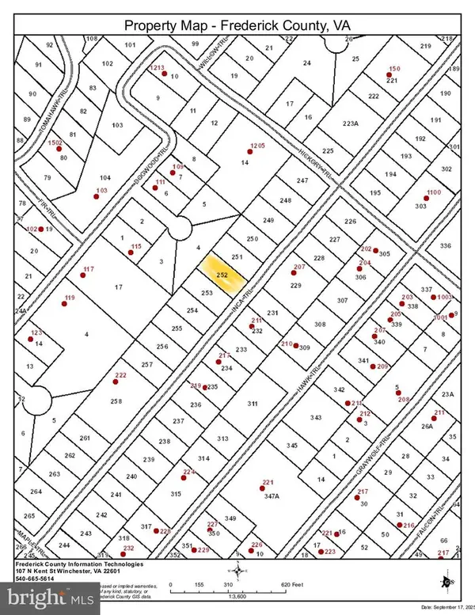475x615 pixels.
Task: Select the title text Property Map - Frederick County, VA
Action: coord(237,27)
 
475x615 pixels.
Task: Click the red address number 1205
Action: coord(256,146)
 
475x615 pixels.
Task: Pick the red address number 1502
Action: coord(55,143)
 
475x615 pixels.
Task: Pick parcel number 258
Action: coord(116,402)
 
